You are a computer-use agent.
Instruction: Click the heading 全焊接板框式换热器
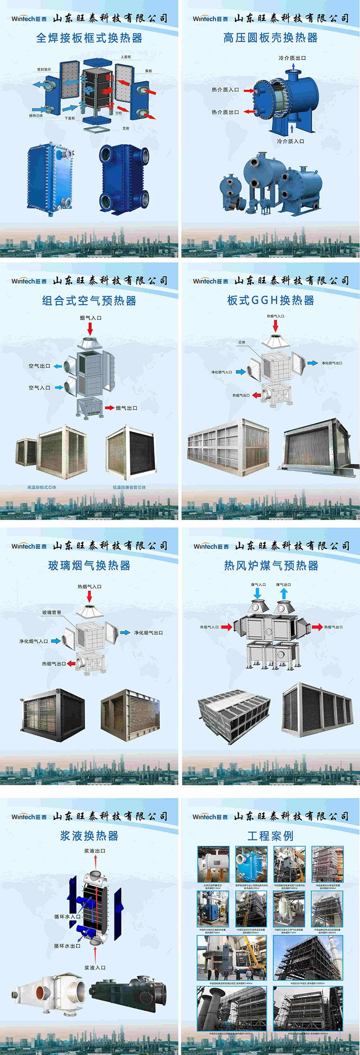click(89, 38)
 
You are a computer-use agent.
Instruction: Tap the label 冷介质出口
click(292, 58)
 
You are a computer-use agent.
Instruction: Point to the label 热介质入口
click(225, 90)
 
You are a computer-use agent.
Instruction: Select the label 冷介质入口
click(290, 141)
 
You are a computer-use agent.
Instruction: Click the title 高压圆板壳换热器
click(270, 38)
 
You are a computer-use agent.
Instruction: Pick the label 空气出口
click(39, 366)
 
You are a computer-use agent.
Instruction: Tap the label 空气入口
click(39, 388)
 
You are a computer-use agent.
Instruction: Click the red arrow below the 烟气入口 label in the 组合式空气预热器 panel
click(90, 329)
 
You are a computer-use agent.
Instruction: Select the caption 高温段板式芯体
click(42, 487)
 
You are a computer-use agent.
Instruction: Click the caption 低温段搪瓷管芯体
click(129, 487)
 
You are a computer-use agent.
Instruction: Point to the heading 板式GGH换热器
click(270, 301)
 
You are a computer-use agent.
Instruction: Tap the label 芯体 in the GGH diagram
click(242, 343)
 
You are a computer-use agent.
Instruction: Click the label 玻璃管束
click(52, 613)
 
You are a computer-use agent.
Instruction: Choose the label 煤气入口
click(258, 585)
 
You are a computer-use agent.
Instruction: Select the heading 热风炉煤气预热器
click(271, 565)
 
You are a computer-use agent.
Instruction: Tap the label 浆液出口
click(94, 851)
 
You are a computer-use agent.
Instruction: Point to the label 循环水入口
click(67, 916)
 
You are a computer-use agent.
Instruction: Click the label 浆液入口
click(95, 968)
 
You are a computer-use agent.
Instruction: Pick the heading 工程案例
click(270, 836)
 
